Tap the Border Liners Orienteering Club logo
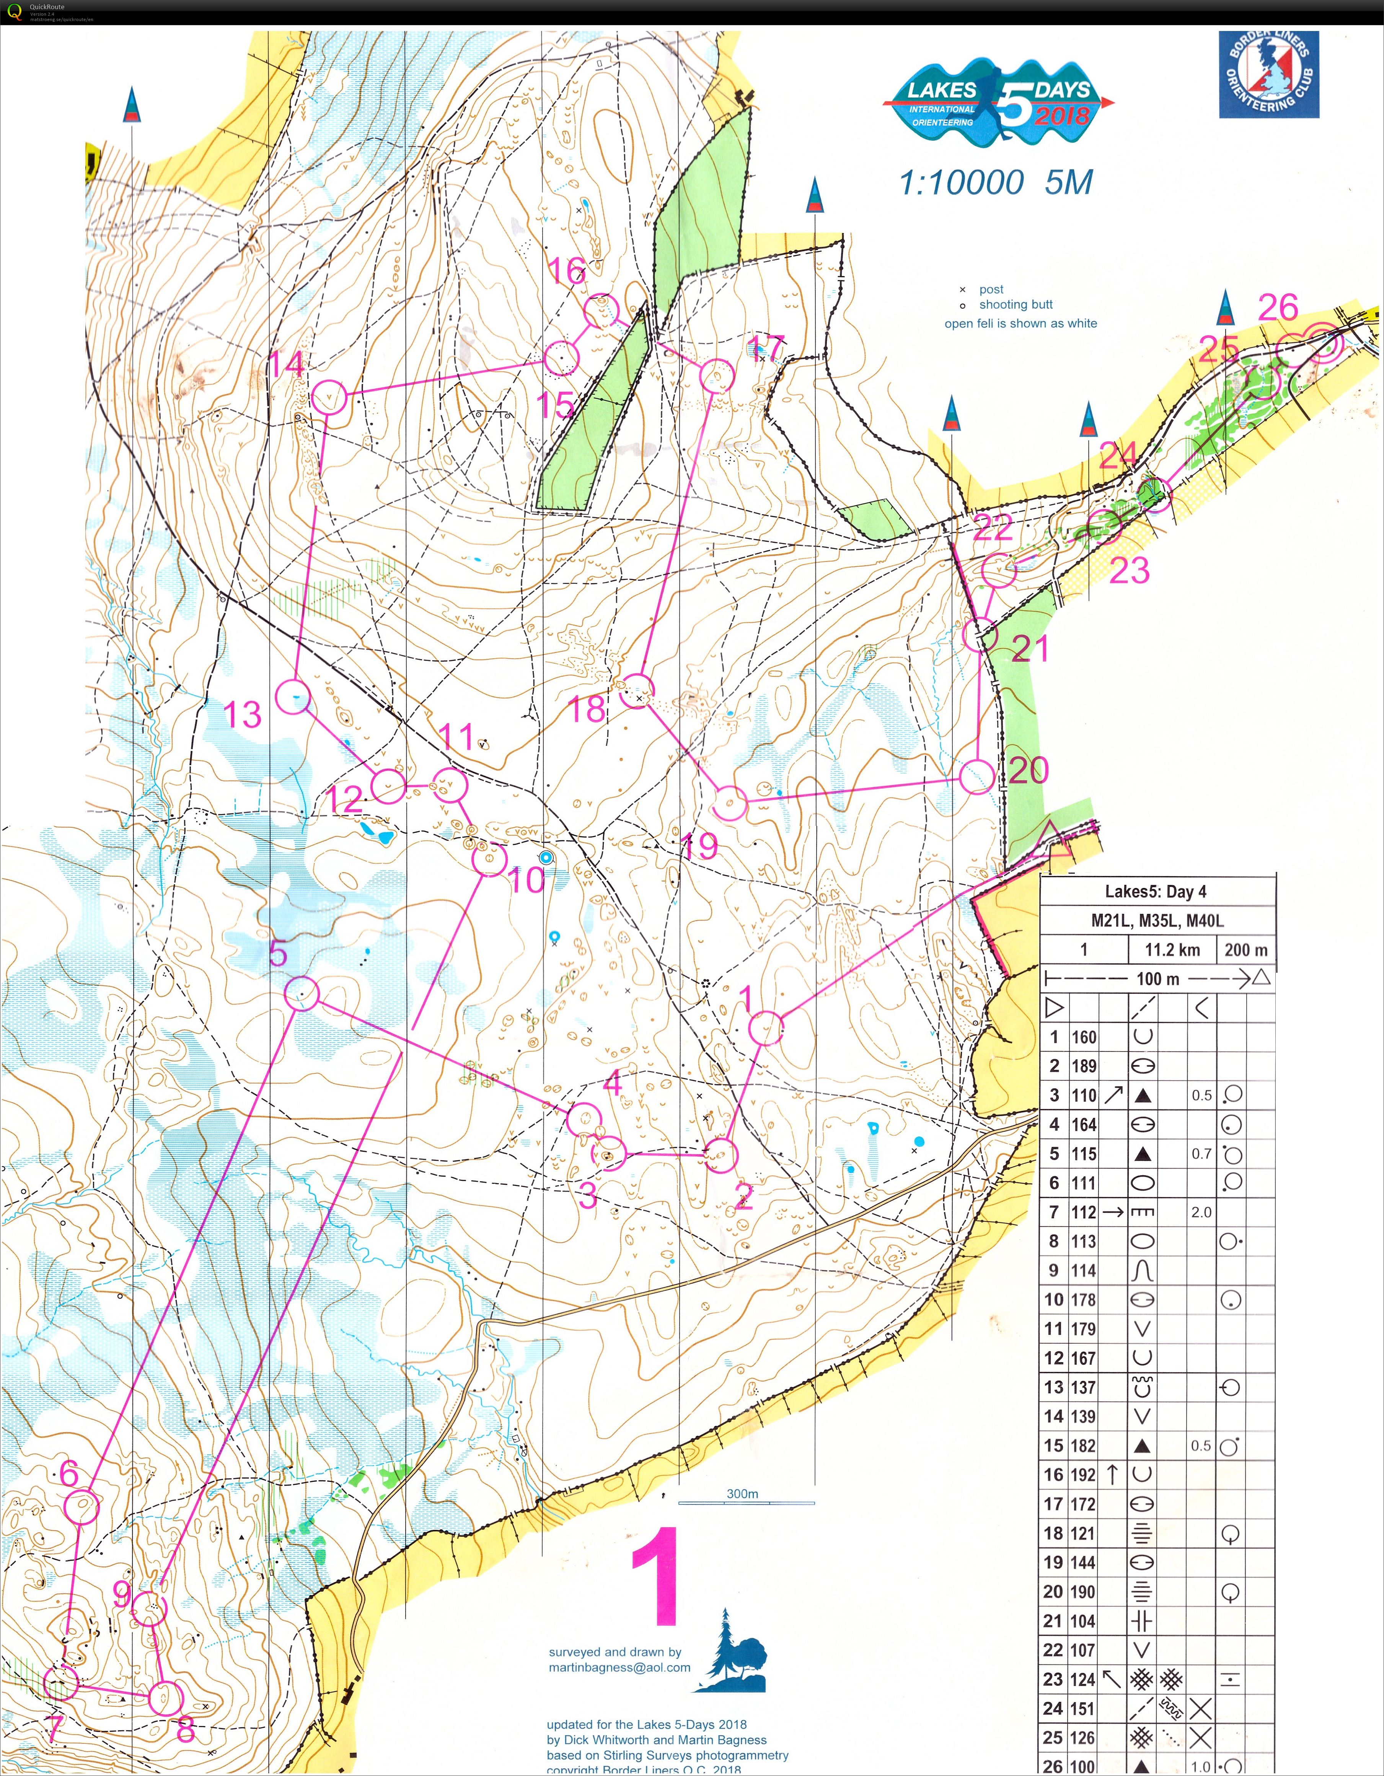[1268, 75]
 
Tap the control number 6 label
[69, 1473]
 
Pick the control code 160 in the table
[1084, 1037]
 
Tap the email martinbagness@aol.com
[619, 1667]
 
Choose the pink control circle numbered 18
[638, 690]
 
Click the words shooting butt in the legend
[1016, 305]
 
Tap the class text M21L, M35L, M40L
[1157, 921]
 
